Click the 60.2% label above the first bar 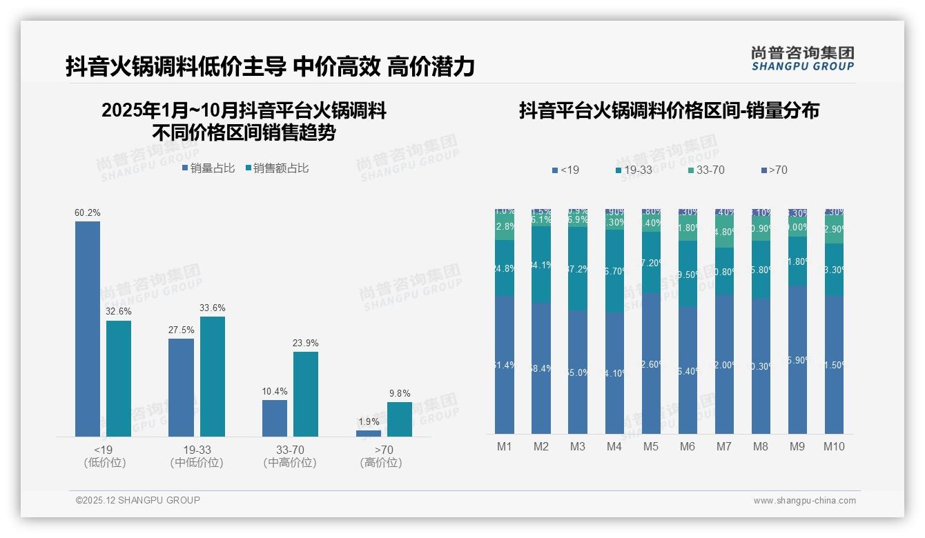pos(87,213)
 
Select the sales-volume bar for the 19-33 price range pos(181,387)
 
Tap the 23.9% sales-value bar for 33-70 pos(306,394)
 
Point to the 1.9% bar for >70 pos(368,433)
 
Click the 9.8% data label pos(399,394)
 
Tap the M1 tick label pos(505,447)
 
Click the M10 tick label pos(834,447)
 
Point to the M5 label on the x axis pos(651,447)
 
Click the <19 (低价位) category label pos(105,457)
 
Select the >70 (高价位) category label pos(380,457)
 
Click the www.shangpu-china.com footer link pos(804,501)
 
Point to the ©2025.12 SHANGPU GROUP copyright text pos(138,500)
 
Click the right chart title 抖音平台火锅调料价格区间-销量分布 pos(668,110)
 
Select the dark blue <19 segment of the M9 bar pos(797,359)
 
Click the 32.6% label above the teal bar pos(119,312)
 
